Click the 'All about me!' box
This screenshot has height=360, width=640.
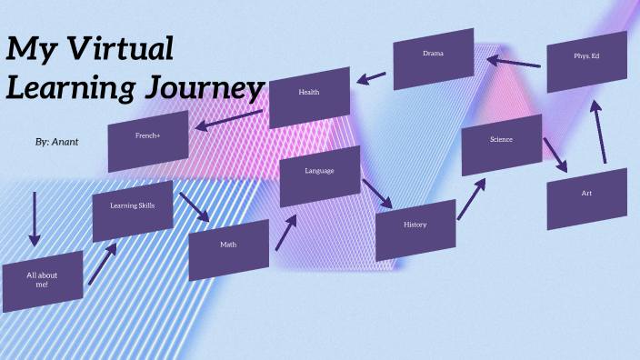coord(42,281)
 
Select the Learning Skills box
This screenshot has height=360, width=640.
coord(132,210)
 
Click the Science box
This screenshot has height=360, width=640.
coord(501,144)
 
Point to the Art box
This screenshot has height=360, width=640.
coord(586,198)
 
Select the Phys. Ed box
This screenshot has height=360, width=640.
coord(586,61)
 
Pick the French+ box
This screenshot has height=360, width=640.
coord(148,141)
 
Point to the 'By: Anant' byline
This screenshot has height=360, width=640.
coord(56,143)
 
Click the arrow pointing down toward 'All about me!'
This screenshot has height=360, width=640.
coord(35,218)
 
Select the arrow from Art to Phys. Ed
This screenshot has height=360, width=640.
coord(598,132)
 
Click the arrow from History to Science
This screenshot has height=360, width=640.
coord(470,198)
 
